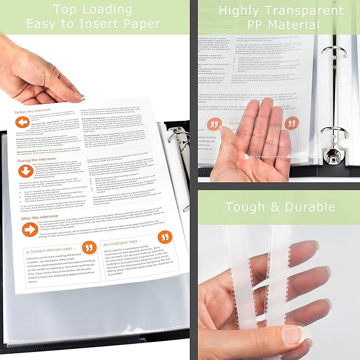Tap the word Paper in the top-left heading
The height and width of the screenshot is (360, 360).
(x=141, y=23)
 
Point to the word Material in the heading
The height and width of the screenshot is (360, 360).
(x=300, y=24)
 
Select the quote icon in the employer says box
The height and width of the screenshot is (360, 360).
(x=165, y=237)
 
